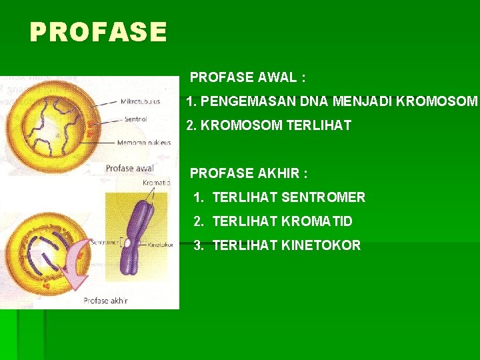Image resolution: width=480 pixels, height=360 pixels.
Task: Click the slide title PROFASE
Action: pos(98,31)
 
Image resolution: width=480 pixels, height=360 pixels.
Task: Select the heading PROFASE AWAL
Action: pos(247,77)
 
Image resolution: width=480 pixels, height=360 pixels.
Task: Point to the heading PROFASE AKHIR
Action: pos(249,173)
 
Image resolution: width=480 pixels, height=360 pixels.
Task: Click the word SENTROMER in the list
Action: pos(323,197)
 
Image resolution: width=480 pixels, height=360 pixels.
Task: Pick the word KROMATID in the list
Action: pos(317,221)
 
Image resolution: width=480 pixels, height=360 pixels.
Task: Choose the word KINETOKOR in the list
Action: pos(321,245)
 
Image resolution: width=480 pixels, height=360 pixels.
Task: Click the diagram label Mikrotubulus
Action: pos(141,102)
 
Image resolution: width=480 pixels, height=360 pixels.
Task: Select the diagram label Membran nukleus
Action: pos(144,142)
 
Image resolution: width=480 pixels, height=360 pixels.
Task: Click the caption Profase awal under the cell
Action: pos(129,168)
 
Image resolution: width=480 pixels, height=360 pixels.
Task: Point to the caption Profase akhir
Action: pos(105,301)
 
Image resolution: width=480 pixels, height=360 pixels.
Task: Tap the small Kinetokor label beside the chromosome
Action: pos(161,244)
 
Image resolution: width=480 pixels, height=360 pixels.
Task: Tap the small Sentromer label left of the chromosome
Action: pos(105,241)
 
